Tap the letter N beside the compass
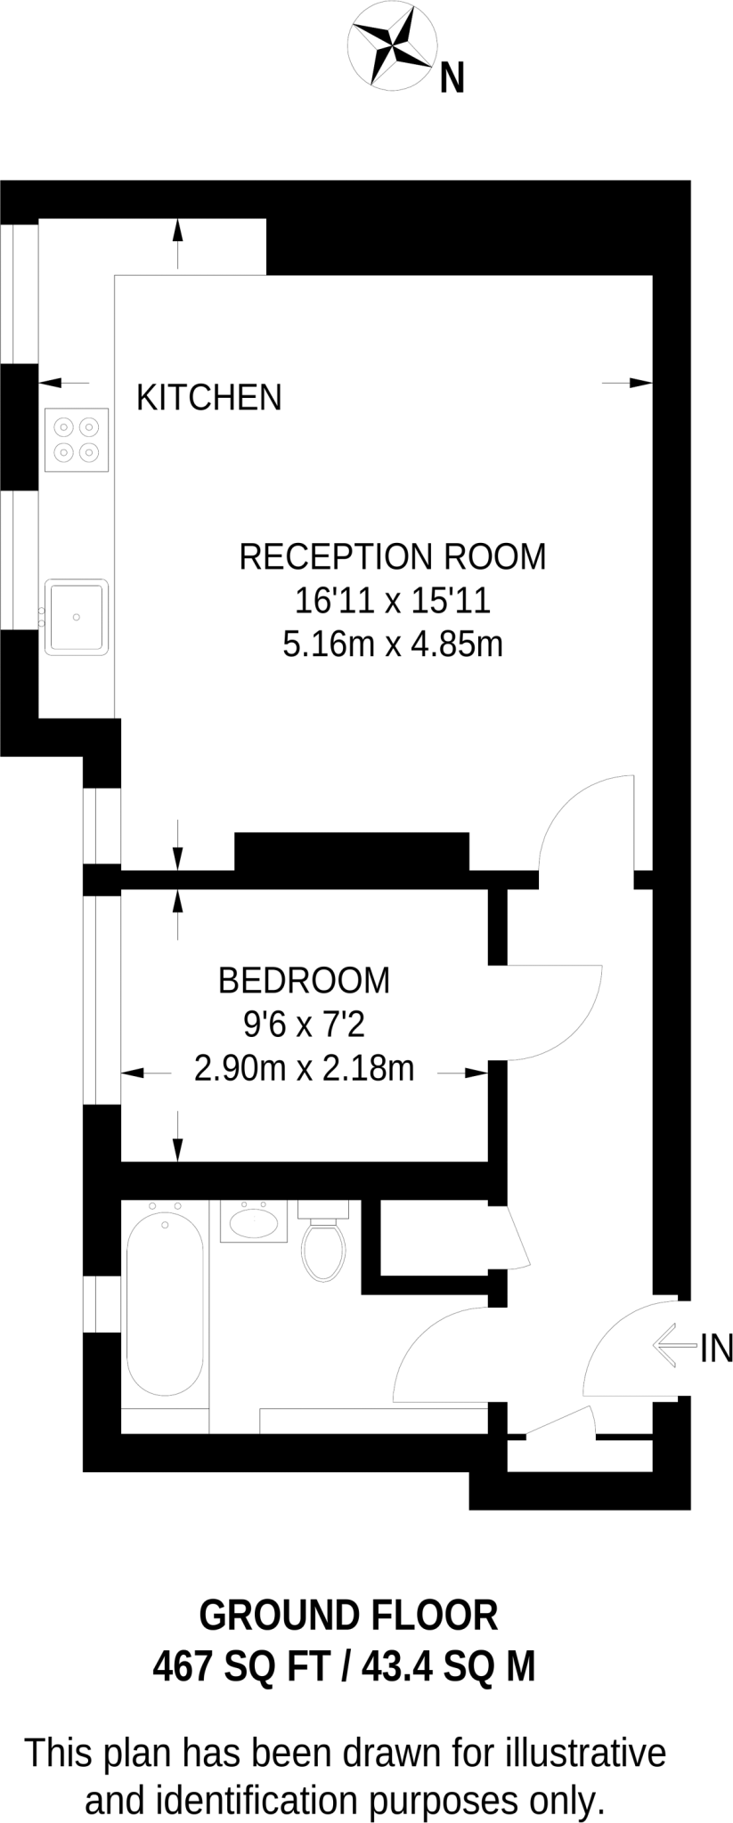(x=452, y=80)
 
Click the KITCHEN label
(x=208, y=397)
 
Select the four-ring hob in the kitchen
(x=77, y=440)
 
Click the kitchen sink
(x=77, y=616)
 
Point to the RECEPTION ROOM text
(x=392, y=556)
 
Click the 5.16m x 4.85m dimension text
(x=392, y=644)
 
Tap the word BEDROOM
(x=304, y=980)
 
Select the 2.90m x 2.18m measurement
(x=304, y=1068)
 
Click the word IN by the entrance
(x=716, y=1349)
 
